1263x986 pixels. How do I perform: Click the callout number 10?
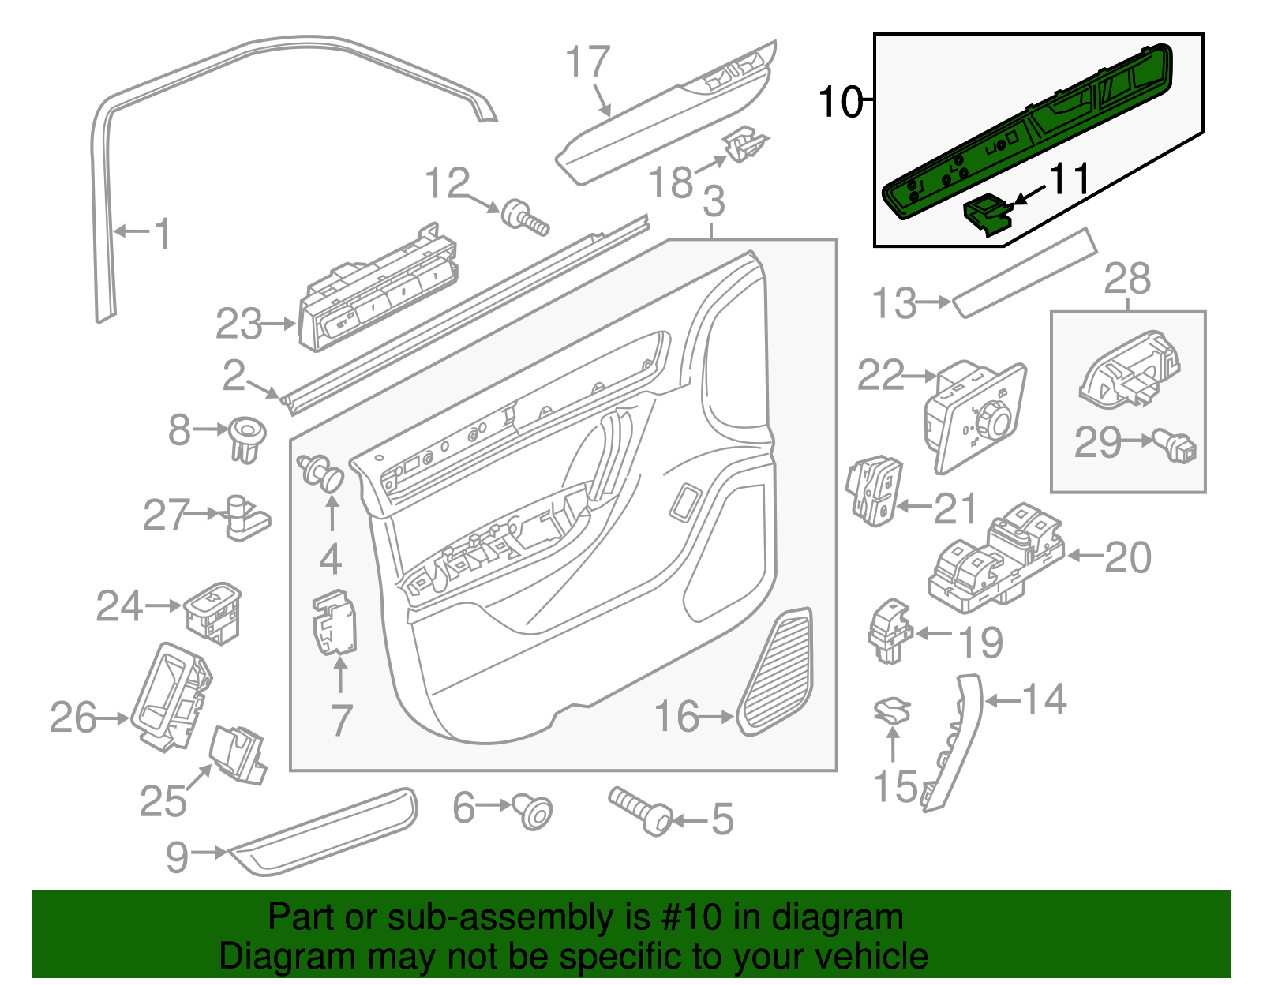[x=840, y=102]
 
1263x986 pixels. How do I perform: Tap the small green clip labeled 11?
[x=987, y=215]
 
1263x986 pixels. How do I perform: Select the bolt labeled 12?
[x=526, y=216]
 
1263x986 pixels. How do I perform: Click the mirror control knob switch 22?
[x=975, y=417]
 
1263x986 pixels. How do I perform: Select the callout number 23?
[x=238, y=324]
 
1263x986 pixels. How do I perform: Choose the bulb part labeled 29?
[x=1176, y=446]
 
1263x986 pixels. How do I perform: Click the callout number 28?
[x=1127, y=279]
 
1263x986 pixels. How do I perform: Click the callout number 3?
[x=713, y=202]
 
